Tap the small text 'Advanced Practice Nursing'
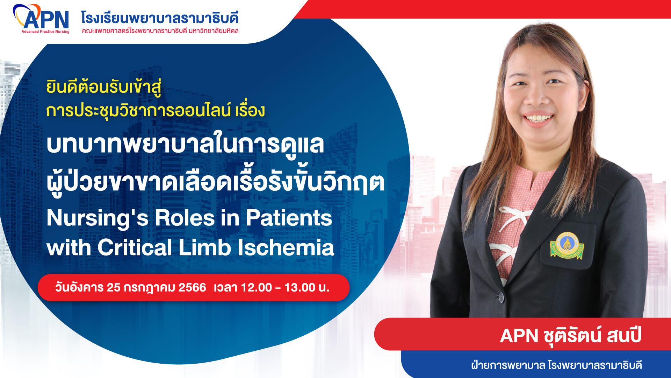[x=45, y=31]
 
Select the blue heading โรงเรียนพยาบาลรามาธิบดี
[x=160, y=17]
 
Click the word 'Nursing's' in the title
[x=98, y=218]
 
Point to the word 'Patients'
[x=289, y=218]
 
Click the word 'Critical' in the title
[x=135, y=247]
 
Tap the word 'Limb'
[x=205, y=247]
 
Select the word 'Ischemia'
[x=286, y=247]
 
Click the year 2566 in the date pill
[x=192, y=288]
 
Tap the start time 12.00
[x=257, y=288]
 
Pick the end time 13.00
[x=300, y=288]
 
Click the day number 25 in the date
[x=114, y=288]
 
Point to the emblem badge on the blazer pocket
[x=567, y=245]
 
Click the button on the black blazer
[x=501, y=297]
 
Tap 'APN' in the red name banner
[x=519, y=336]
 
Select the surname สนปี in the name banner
[x=624, y=335]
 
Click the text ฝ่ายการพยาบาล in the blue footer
[x=508, y=365]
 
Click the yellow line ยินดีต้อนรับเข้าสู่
[x=104, y=87]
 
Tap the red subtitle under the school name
[x=160, y=31]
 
